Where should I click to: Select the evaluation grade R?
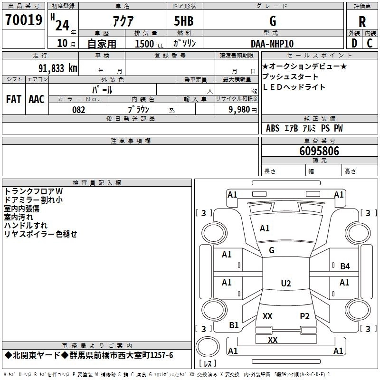362,21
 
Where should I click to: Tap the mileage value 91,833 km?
57,68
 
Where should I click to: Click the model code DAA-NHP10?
272,44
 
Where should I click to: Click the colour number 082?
79,110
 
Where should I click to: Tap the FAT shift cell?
14,99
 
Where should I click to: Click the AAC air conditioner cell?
37,99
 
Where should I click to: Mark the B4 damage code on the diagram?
345,266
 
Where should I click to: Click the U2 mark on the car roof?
285,284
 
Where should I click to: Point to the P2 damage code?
304,316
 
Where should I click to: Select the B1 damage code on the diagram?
234,325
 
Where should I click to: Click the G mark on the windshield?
272,250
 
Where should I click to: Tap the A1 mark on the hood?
265,228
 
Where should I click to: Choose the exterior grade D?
354,43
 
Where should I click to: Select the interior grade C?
370,43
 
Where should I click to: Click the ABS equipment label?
273,128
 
